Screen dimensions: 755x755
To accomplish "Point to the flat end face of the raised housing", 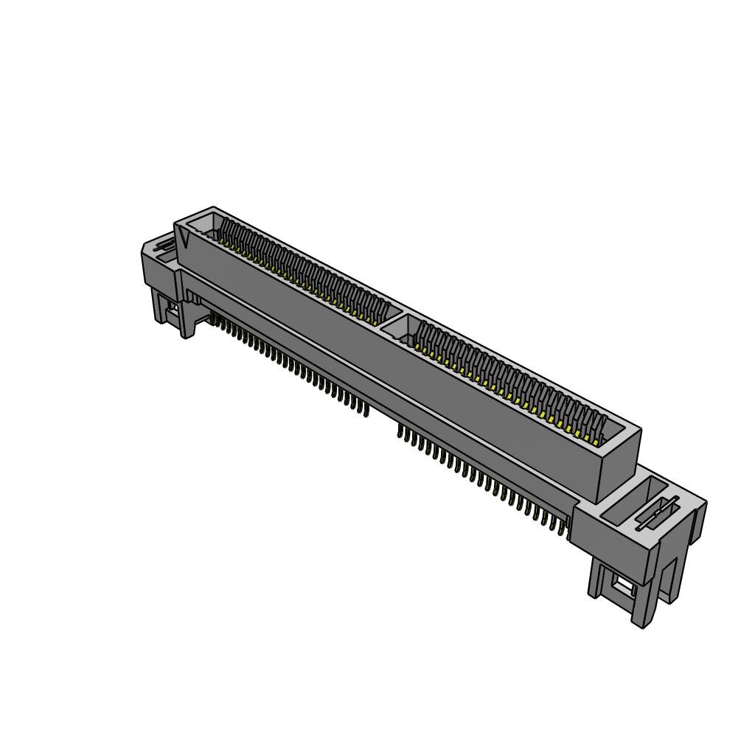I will [x=616, y=465].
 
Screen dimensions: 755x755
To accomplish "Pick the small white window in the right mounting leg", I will [x=624, y=586].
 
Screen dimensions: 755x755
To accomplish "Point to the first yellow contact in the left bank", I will [x=222, y=238].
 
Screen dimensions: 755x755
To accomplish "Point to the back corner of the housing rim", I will [x=213, y=208].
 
